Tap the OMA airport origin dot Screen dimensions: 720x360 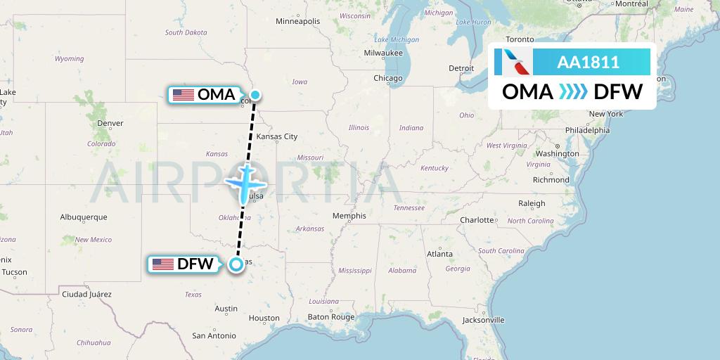pyautogui.click(x=255, y=95)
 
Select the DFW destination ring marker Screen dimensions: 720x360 pyautogui.click(x=236, y=264)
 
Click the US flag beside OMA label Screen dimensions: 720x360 pyautogui.click(x=184, y=95)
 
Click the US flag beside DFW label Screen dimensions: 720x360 pyautogui.click(x=163, y=264)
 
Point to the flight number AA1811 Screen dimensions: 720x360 pyautogui.click(x=588, y=63)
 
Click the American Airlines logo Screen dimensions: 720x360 pyautogui.click(x=513, y=63)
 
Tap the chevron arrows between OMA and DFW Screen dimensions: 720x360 pyautogui.click(x=573, y=92)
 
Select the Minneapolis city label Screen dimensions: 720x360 pyautogui.click(x=297, y=21)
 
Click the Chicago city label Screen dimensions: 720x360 pyautogui.click(x=388, y=78)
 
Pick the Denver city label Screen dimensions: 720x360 pyautogui.click(x=110, y=123)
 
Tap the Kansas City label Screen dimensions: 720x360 pyautogui.click(x=277, y=136)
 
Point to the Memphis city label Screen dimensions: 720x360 pyautogui.click(x=349, y=216)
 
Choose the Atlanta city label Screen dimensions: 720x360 pyautogui.click(x=439, y=253)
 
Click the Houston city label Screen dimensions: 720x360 pyautogui.click(x=264, y=318)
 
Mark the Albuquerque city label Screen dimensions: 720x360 pyautogui.click(x=84, y=217)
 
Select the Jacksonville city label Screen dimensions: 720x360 pyautogui.click(x=484, y=320)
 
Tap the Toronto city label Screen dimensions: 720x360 pyautogui.click(x=520, y=39)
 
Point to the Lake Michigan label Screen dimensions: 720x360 pyautogui.click(x=397, y=40)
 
